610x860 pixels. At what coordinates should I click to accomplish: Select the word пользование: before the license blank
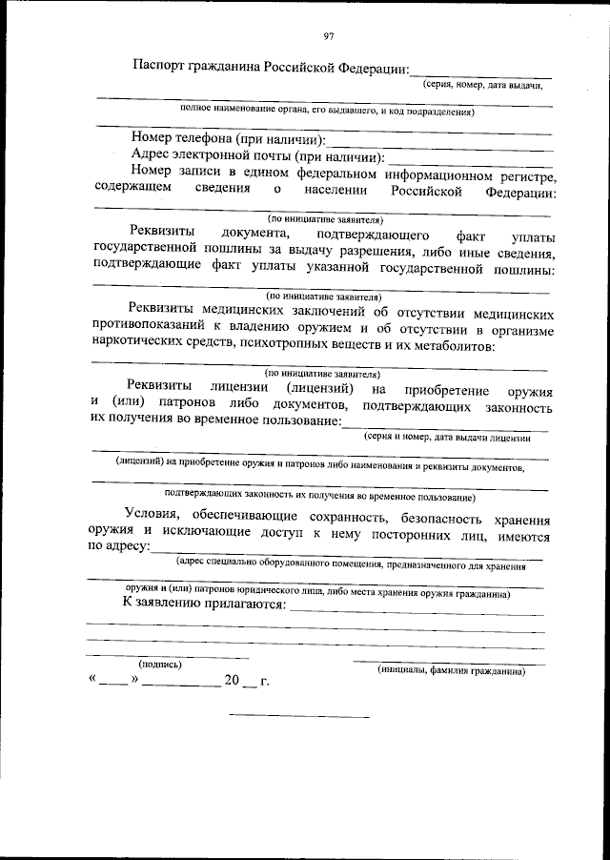pos(295,420)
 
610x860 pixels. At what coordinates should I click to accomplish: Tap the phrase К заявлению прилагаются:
pos(204,605)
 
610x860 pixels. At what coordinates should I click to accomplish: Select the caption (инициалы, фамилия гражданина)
pos(449,670)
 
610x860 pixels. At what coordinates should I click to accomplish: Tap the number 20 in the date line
pos(233,682)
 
